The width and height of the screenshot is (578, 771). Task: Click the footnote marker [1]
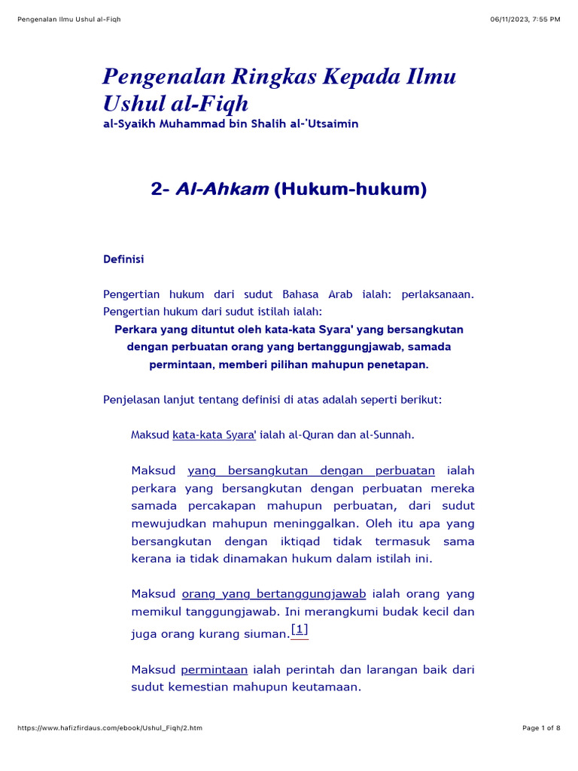300,630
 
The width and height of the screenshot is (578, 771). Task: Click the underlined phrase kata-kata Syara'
214,434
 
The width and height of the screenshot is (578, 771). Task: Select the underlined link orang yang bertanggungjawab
274,593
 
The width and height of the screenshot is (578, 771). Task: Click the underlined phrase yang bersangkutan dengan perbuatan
311,471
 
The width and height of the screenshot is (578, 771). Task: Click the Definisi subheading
123,259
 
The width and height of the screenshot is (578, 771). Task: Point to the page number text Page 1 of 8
541,728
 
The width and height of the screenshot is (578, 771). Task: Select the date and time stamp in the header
525,19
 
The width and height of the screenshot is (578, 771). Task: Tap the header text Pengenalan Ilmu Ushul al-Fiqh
68,19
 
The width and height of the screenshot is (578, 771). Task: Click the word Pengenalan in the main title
156,76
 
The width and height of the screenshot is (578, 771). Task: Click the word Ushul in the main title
135,103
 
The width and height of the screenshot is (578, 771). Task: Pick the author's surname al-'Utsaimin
326,123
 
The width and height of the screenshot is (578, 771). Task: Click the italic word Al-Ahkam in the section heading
221,190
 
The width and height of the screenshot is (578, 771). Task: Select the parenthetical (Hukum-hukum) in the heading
350,190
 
